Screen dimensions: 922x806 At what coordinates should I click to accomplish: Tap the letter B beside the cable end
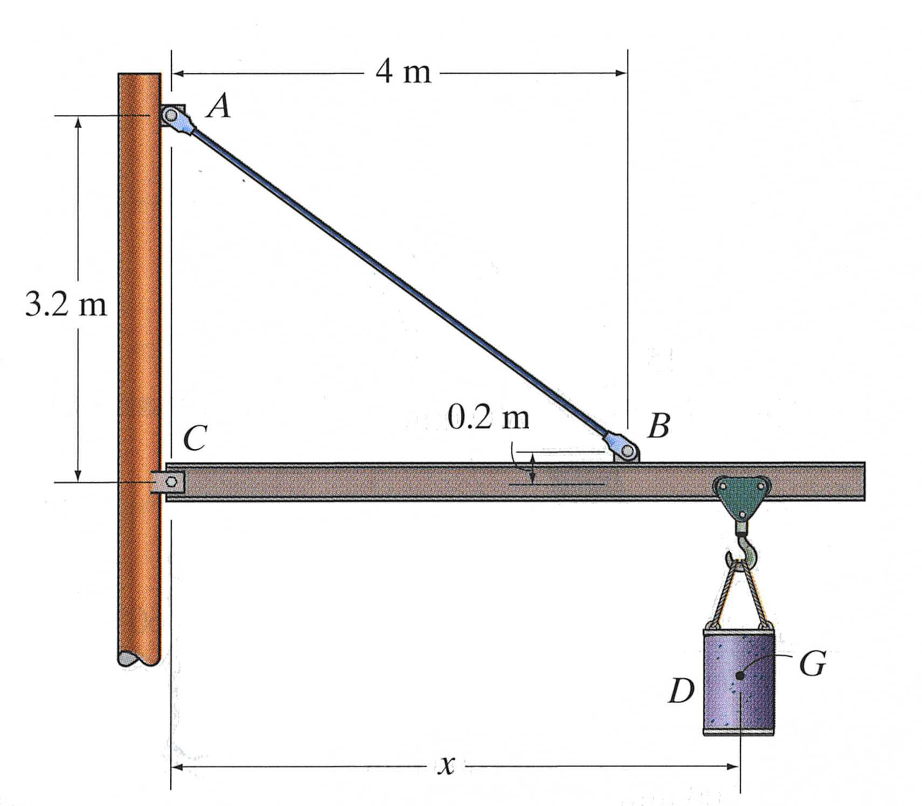pos(658,425)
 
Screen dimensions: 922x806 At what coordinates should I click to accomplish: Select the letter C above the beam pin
pos(194,437)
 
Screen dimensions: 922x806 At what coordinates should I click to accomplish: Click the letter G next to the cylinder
pos(812,664)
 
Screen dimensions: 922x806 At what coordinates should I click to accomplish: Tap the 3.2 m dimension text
pos(66,305)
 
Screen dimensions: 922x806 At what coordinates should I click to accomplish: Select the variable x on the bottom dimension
pos(446,765)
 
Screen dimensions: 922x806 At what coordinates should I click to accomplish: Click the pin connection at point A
pos(172,116)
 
